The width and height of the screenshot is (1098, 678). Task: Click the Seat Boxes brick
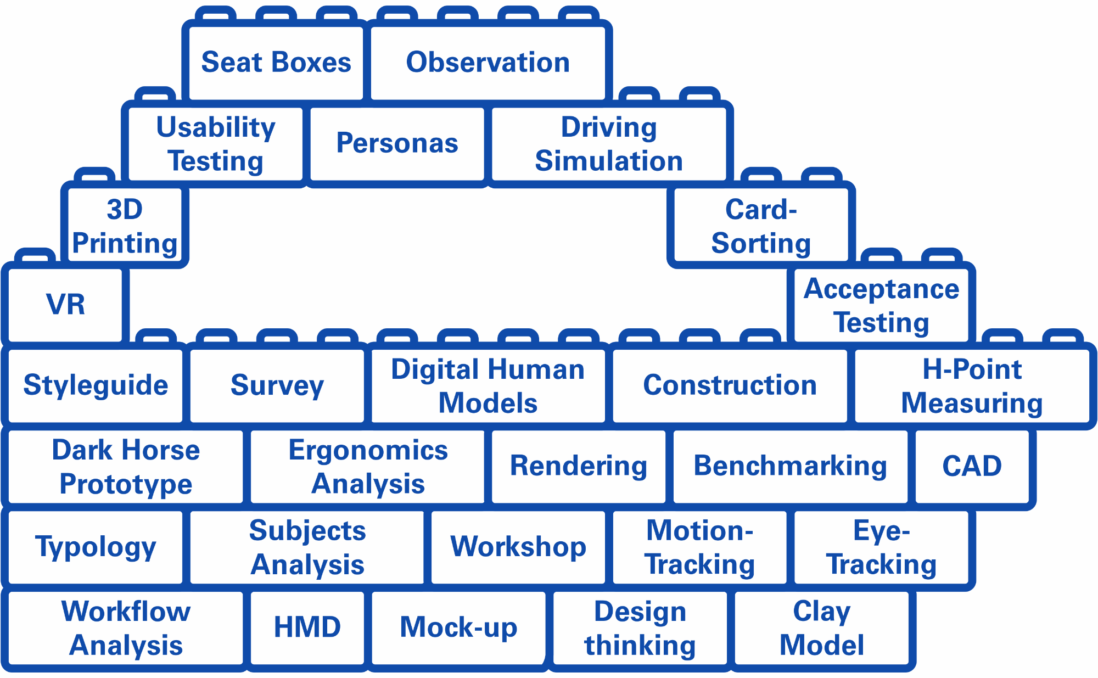pos(276,62)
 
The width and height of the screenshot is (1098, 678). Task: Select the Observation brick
pos(488,62)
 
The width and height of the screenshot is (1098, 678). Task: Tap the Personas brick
pos(397,143)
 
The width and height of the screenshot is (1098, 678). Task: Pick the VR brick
pos(66,304)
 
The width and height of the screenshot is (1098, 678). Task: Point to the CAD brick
pos(972,466)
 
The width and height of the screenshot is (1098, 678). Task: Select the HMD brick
pos(307,627)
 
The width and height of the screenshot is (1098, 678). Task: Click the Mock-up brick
pos(458,627)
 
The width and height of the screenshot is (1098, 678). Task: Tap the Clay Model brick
pos(822,627)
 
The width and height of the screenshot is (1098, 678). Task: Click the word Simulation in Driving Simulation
pos(609,161)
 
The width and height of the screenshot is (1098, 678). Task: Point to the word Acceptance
pos(882,289)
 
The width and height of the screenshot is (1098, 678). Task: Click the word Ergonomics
pos(368,451)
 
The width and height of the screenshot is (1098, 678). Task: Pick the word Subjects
pos(307,531)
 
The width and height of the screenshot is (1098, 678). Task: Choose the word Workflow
pos(126,612)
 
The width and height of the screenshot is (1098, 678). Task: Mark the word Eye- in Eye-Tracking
pos(882,531)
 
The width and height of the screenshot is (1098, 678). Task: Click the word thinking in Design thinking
pos(640,646)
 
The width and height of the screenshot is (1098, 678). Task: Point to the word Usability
pos(216,128)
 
